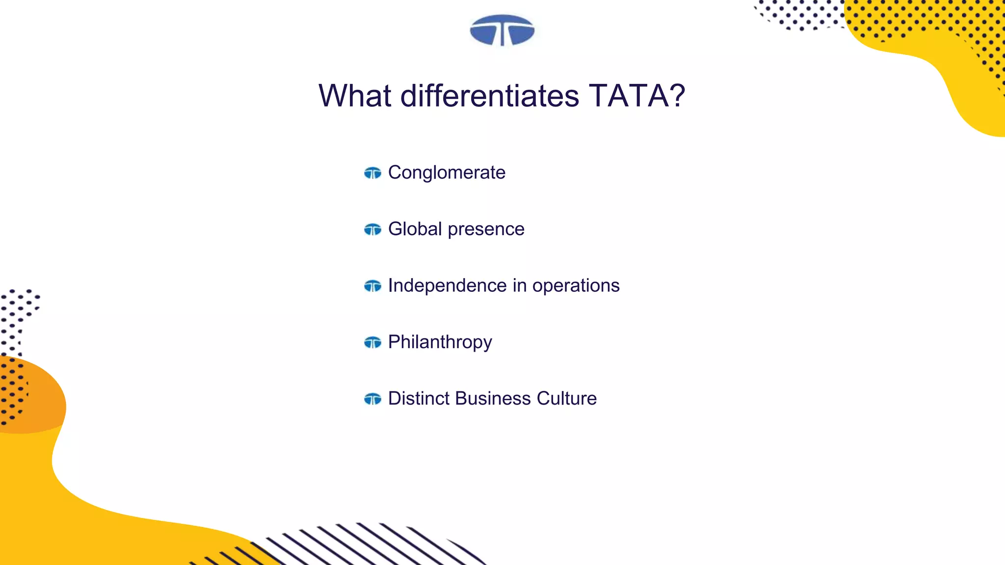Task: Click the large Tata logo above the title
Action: click(502, 30)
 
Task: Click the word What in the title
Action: click(355, 96)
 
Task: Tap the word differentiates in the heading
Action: click(490, 96)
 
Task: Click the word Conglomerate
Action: click(447, 173)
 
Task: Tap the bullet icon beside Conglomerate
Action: click(372, 173)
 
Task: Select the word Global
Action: click(415, 229)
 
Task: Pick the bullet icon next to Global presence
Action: click(372, 230)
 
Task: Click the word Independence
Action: click(447, 285)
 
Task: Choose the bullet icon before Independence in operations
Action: click(372, 286)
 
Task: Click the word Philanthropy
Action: click(440, 342)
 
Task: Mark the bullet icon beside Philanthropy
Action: click(372, 342)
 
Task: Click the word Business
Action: click(493, 398)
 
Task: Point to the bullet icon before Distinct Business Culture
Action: click(372, 399)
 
